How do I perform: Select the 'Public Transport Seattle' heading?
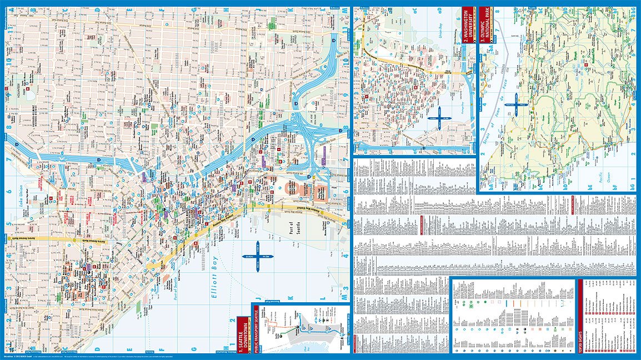(x=255, y=328)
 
